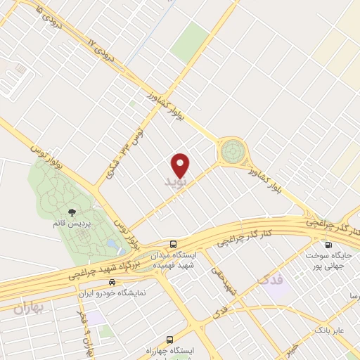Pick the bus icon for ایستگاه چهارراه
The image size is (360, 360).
pos(174,338)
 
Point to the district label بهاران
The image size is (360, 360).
pos(28,307)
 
